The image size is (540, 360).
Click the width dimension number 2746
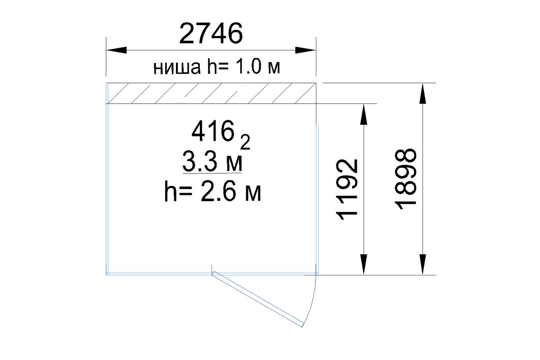coord(211,33)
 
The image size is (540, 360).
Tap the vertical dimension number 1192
coord(346,189)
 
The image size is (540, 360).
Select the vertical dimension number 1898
coord(406,180)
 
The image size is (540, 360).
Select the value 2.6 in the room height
coord(218,192)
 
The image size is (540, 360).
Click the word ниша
coord(177,68)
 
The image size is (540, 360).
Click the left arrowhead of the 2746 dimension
coord(117,50)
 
